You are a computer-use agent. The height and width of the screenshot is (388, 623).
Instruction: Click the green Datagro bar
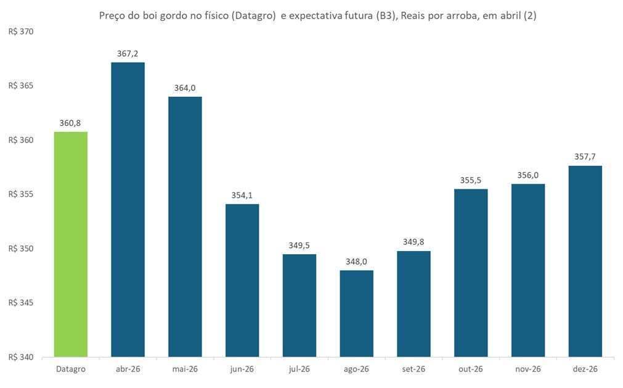70,244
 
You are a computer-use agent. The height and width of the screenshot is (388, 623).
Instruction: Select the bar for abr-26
128,210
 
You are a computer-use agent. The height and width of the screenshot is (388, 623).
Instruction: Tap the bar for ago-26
356,313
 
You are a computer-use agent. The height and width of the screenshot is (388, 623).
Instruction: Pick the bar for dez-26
585,261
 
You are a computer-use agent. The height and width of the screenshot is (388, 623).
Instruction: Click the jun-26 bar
242,280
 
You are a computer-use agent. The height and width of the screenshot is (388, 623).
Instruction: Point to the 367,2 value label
128,54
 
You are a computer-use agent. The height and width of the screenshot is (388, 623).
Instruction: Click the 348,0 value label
356,262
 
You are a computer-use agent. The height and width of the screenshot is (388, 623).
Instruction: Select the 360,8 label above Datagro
70,123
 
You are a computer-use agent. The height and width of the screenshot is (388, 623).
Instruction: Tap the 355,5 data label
471,180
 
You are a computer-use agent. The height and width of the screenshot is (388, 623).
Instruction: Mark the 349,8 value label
413,242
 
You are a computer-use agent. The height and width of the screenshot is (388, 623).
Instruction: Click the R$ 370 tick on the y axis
20,31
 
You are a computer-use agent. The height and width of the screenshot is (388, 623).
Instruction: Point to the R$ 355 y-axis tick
20,194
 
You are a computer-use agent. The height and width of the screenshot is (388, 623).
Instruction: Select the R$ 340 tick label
20,357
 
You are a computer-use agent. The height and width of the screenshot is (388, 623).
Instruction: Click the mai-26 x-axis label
185,369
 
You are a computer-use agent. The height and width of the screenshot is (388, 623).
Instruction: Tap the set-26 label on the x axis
413,369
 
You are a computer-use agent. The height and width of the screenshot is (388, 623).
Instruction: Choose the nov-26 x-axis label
528,369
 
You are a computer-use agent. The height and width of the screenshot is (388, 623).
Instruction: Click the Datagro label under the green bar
70,369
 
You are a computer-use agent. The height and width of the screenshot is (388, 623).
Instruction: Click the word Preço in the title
112,17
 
